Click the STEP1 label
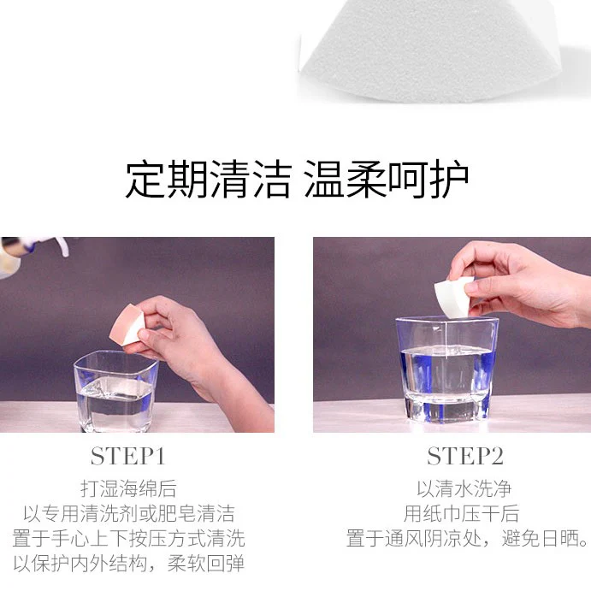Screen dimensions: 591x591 128,457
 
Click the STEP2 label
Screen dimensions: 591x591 465,457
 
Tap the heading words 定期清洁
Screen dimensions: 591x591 209,179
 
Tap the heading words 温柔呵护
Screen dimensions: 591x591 386,179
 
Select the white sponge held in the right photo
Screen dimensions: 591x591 452,294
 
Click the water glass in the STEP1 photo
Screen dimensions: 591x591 116,391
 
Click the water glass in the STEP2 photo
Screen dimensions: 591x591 447,369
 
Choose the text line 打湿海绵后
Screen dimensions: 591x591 128,488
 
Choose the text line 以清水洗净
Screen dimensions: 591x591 464,488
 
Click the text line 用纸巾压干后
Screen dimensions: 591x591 461,513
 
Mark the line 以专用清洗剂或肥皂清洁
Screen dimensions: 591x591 129,513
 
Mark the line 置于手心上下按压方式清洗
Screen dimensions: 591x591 128,538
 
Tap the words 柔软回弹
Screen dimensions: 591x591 206,564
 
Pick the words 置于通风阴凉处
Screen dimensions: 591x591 414,538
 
